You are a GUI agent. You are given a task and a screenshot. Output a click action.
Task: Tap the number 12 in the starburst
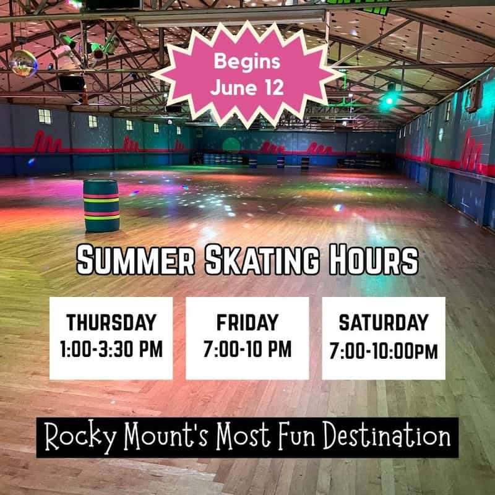(x=273, y=88)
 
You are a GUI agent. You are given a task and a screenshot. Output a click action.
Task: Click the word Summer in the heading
(x=136, y=260)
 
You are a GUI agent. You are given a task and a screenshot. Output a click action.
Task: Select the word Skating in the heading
(x=262, y=260)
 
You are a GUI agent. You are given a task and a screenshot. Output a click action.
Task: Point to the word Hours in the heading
(x=374, y=260)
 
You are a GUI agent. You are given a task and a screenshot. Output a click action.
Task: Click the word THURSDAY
(x=111, y=322)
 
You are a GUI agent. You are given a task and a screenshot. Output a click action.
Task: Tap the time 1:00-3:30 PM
(x=111, y=349)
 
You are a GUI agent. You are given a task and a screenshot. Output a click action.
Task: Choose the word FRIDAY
(x=247, y=322)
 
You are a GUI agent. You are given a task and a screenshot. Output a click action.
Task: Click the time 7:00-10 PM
(x=247, y=349)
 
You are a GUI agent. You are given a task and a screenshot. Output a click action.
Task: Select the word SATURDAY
(x=384, y=322)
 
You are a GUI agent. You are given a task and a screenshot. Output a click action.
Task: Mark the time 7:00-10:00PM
(x=384, y=351)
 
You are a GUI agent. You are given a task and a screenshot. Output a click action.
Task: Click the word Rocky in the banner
(x=80, y=437)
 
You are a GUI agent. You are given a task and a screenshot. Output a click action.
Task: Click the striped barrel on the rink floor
(x=101, y=206)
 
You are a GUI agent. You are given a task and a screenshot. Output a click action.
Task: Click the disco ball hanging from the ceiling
(x=24, y=63)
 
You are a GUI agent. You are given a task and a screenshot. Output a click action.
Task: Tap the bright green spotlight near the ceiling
(x=388, y=101)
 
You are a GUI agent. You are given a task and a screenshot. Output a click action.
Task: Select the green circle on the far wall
(x=231, y=145)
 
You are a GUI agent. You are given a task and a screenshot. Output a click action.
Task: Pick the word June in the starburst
(x=234, y=88)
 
